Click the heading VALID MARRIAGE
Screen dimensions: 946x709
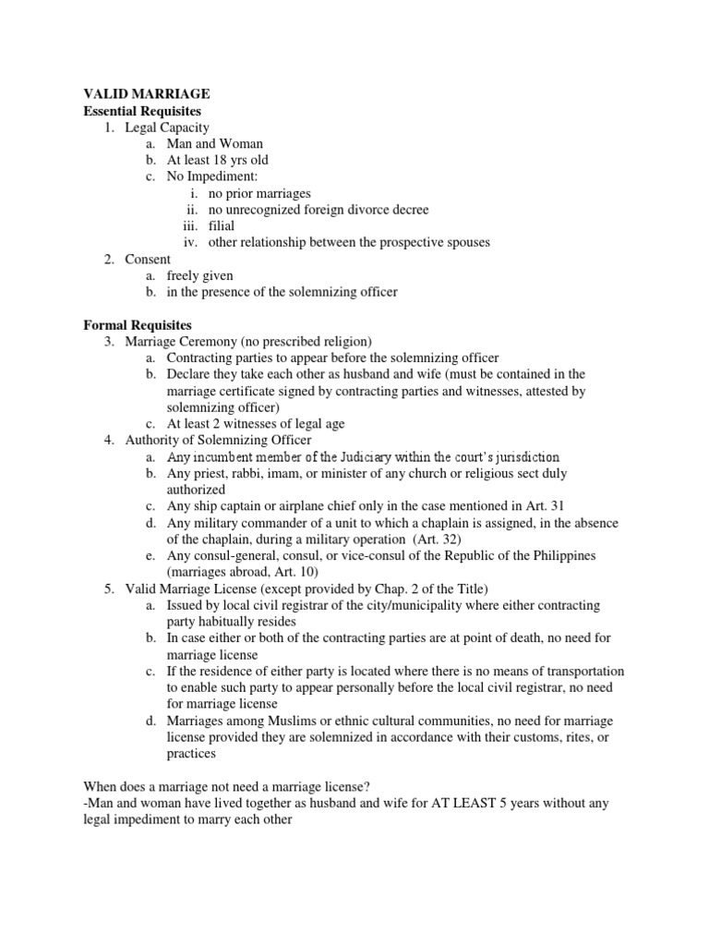point(147,94)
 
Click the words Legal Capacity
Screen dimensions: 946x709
point(167,127)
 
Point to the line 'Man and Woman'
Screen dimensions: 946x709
point(215,144)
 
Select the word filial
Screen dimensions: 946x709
point(222,225)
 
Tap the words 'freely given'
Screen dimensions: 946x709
point(200,275)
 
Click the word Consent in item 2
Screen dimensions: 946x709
point(148,259)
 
